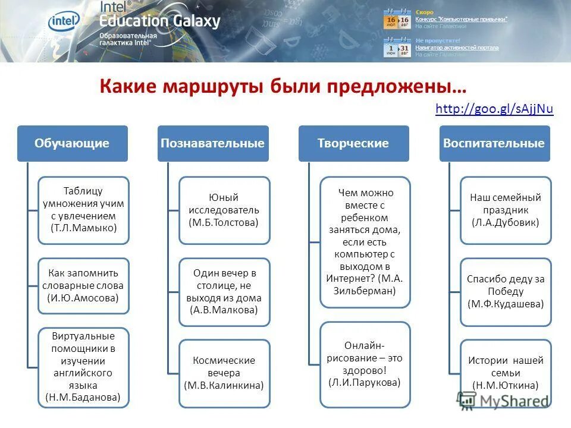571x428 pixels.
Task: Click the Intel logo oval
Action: tap(64, 22)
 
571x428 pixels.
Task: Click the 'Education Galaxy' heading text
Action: tap(160, 21)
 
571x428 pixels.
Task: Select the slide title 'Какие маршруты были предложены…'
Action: tap(283, 86)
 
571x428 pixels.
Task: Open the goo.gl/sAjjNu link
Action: tap(494, 109)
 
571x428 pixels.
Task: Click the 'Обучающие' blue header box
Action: tap(72, 143)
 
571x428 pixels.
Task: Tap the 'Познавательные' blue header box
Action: tap(213, 143)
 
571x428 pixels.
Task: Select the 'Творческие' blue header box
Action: tap(353, 143)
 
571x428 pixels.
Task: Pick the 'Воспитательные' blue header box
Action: tap(494, 143)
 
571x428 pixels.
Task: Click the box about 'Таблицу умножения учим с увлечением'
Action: tap(83, 210)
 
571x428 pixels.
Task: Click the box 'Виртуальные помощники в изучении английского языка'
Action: tap(83, 367)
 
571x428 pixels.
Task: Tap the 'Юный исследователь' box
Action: tap(224, 210)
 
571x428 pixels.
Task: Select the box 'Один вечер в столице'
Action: tap(224, 291)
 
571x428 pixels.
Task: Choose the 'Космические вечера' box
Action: tap(224, 373)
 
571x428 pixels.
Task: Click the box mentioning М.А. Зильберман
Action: tap(365, 242)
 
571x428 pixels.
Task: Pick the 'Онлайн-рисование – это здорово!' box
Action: tap(365, 364)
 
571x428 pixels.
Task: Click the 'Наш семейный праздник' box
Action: tap(506, 210)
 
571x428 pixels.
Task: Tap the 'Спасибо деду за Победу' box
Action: tap(506, 291)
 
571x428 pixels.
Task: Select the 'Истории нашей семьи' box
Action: tap(506, 373)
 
